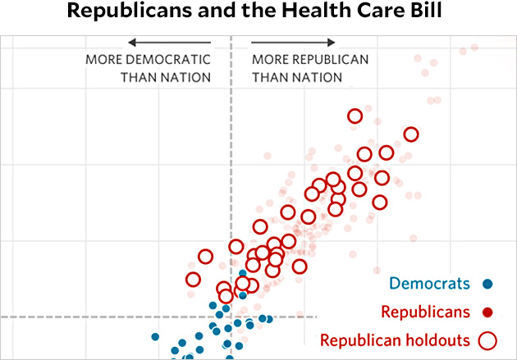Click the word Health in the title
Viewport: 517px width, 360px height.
pyautogui.click(x=300, y=13)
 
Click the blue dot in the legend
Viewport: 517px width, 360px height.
pyautogui.click(x=487, y=285)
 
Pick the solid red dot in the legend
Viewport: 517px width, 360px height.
pyautogui.click(x=487, y=312)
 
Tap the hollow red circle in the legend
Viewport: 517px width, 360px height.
pyautogui.click(x=488, y=339)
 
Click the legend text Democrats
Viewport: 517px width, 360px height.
pyautogui.click(x=429, y=285)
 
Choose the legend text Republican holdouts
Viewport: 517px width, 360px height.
pyautogui.click(x=394, y=339)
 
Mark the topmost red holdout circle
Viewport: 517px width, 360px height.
pyautogui.click(x=355, y=116)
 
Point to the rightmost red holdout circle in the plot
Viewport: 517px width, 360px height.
pyautogui.click(x=410, y=134)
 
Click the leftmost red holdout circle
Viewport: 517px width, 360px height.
pyautogui.click(x=193, y=280)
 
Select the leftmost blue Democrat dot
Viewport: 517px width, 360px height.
pyautogui.click(x=155, y=336)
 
